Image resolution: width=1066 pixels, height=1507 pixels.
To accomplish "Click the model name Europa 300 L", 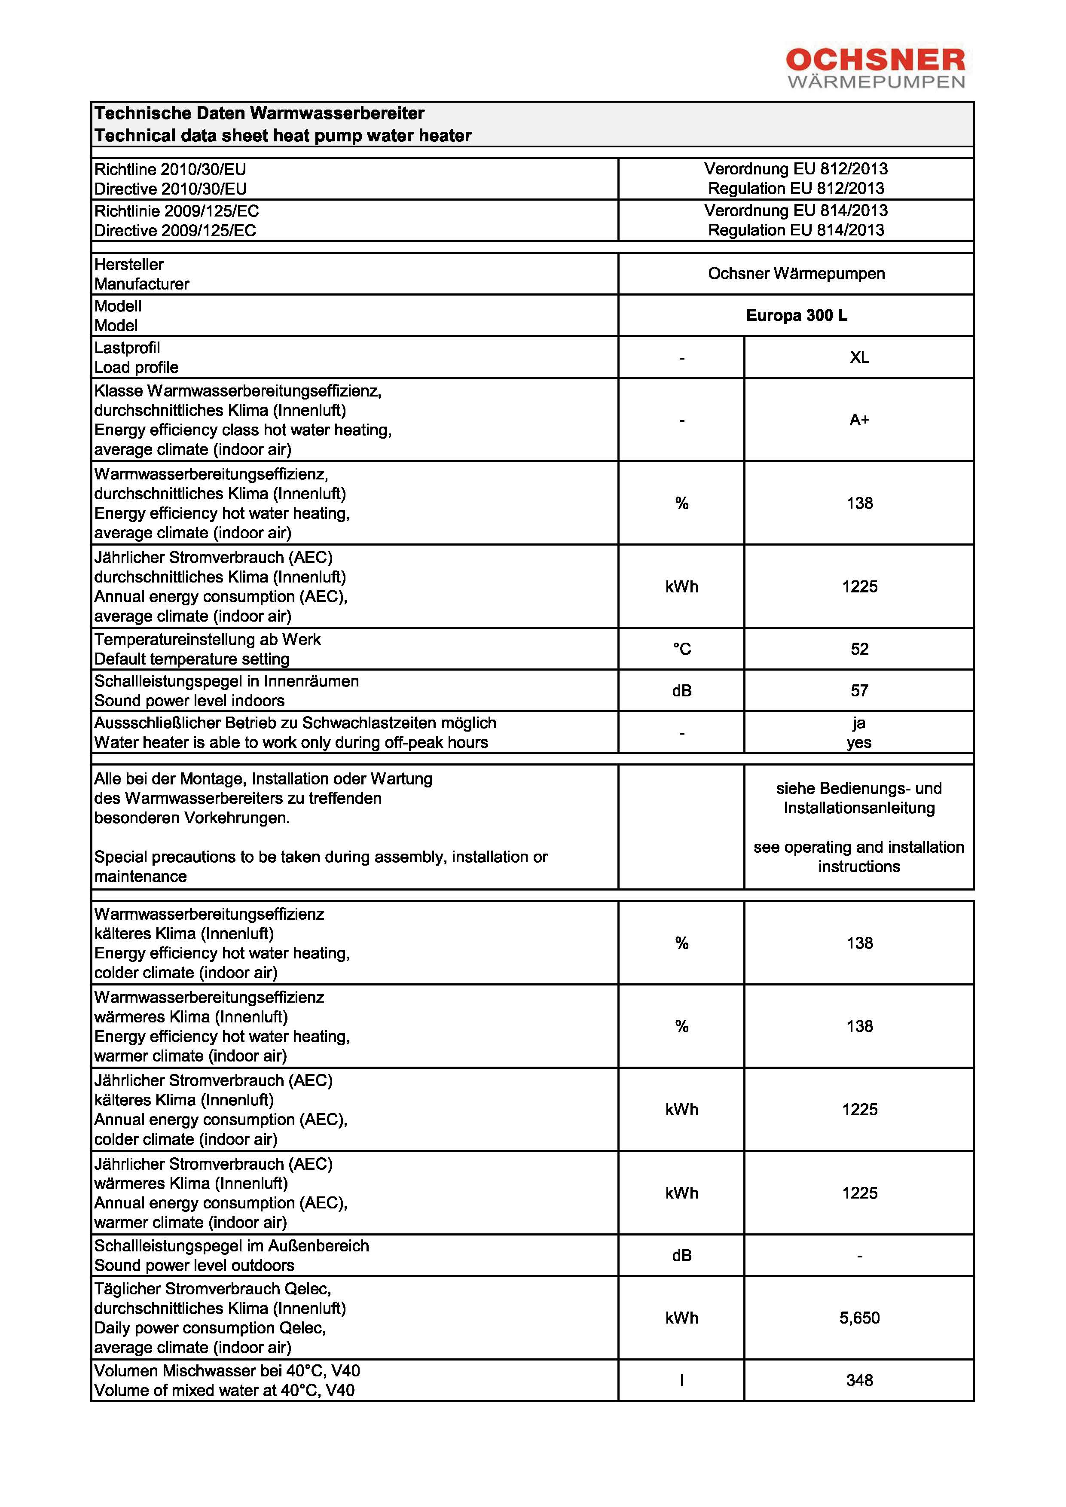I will [796, 316].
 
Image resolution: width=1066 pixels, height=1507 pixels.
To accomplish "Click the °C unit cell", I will [681, 649].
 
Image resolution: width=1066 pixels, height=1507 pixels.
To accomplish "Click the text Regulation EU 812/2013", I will [796, 189].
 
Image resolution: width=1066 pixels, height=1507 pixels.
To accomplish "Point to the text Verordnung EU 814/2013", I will [796, 210].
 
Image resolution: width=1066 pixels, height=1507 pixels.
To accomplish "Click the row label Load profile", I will [137, 368].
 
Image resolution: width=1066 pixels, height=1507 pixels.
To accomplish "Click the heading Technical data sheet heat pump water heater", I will [283, 136].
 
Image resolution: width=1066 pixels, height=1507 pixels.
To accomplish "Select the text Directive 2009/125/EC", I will [175, 231].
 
